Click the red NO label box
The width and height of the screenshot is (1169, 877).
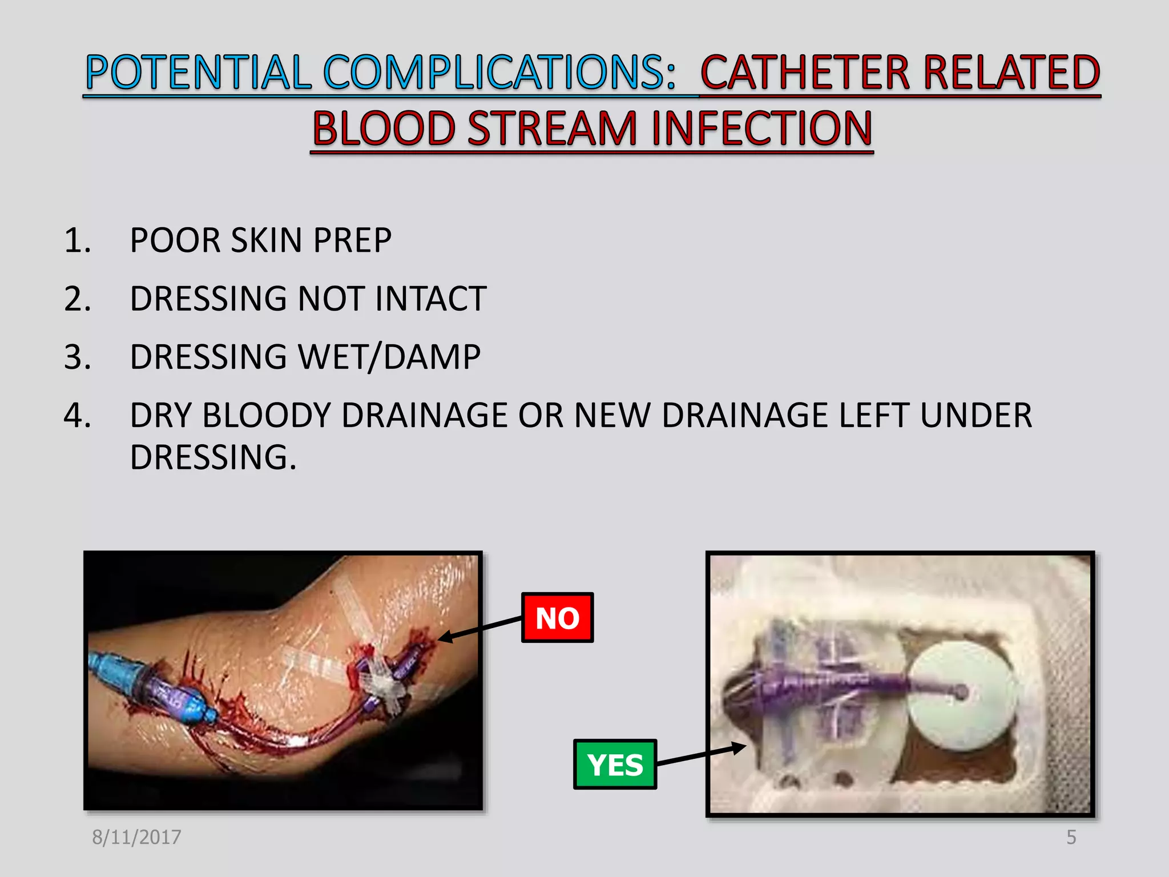557,618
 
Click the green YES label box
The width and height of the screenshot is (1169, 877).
615,765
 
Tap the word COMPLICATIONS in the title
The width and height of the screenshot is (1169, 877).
499,73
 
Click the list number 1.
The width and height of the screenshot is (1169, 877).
77,240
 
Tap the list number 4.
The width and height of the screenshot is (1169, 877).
77,415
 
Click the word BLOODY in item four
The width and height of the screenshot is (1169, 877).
267,415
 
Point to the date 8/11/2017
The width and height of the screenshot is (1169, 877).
136,837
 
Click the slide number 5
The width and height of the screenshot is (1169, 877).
1071,837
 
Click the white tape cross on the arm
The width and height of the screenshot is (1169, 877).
384,683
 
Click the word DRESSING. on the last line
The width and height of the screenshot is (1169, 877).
213,457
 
